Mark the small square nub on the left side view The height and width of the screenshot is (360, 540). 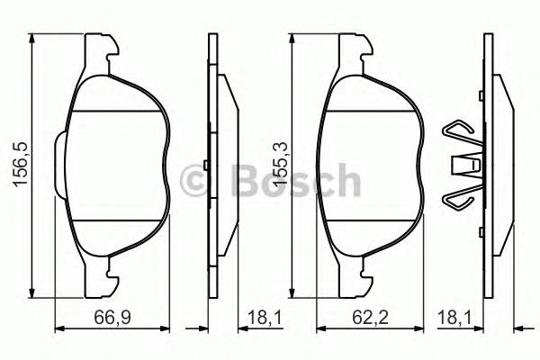[x=206, y=166]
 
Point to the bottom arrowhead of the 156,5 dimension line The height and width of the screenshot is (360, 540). [x=33, y=290]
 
